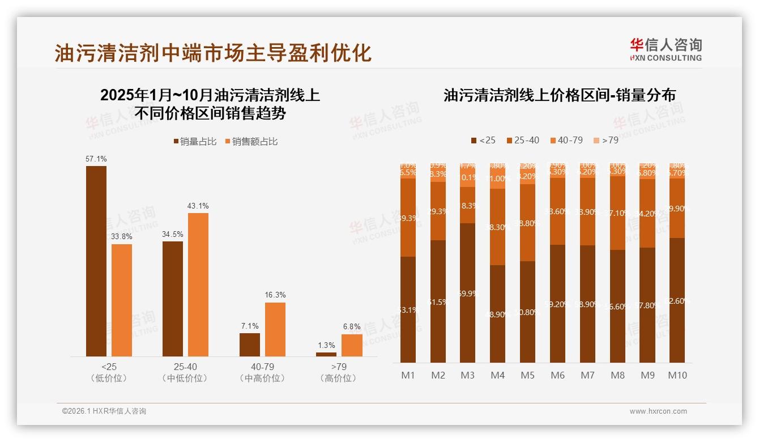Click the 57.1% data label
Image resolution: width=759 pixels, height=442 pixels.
point(96,159)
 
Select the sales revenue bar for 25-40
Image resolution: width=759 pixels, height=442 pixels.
point(198,284)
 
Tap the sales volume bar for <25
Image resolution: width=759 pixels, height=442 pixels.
point(96,261)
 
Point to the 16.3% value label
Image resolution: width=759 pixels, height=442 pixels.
point(275,295)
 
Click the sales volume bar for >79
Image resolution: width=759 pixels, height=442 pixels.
point(326,354)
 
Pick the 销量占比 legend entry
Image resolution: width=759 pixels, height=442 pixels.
point(195,142)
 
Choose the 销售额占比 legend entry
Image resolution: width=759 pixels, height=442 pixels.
point(251,142)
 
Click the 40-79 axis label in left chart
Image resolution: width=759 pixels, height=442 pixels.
point(262,367)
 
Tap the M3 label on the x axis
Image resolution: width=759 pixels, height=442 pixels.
point(467,375)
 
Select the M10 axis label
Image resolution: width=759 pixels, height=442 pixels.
point(677,375)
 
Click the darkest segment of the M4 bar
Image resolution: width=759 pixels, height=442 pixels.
point(497,314)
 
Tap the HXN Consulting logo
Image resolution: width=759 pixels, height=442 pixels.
point(666,50)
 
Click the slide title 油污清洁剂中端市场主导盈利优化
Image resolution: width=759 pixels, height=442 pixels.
point(213,53)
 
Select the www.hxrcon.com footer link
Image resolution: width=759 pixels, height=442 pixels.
point(658,411)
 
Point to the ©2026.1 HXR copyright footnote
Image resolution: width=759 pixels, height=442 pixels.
point(104,411)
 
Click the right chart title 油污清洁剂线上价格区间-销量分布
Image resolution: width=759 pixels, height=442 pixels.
point(559,95)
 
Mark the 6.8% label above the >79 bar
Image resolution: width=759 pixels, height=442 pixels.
point(352,327)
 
